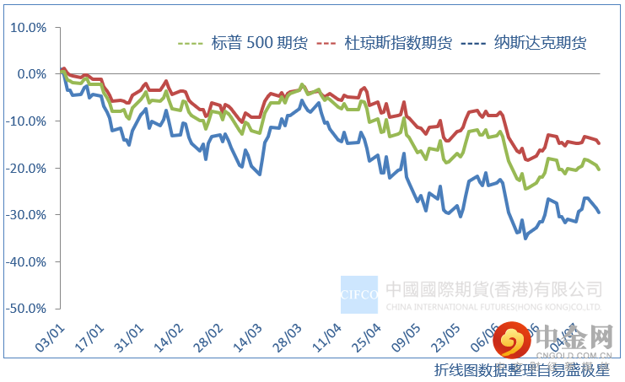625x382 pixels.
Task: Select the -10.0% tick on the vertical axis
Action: click(28, 121)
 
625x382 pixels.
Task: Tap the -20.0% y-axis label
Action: click(28, 168)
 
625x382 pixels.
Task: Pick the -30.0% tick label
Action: click(28, 215)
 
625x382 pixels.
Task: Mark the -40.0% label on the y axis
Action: click(28, 261)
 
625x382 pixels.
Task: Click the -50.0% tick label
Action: click(28, 309)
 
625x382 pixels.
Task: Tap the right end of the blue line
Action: click(599, 212)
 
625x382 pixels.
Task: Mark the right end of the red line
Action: click(599, 143)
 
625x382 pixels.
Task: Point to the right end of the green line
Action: click(599, 169)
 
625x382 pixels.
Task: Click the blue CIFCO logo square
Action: click(359, 295)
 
